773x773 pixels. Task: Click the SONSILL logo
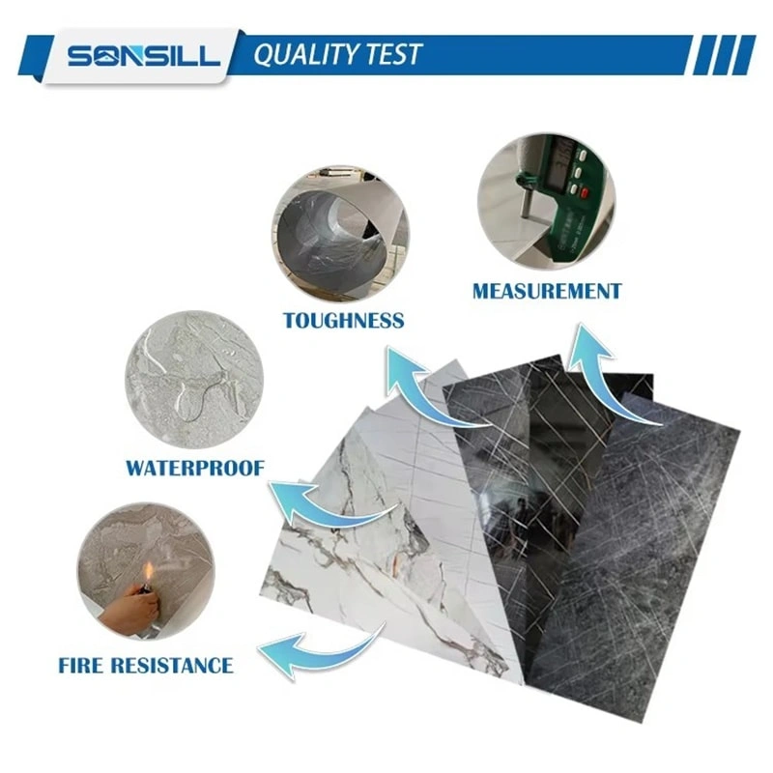point(143,56)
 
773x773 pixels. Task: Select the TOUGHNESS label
point(344,321)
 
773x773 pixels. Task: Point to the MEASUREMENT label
point(547,291)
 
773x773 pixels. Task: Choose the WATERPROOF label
point(195,468)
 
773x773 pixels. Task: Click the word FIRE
point(80,665)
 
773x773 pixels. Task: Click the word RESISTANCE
point(172,665)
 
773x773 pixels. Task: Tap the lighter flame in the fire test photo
point(148,573)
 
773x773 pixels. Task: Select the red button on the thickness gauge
point(586,192)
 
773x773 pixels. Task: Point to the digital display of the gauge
point(558,162)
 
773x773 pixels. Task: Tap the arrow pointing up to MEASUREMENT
point(606,375)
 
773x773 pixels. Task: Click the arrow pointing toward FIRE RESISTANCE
point(321,650)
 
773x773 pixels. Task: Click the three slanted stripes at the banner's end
point(724,55)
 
